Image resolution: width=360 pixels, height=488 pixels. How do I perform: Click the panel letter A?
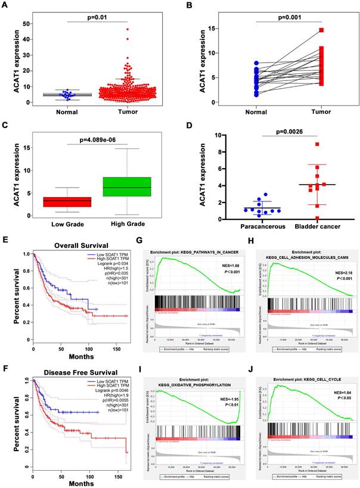pos(7,8)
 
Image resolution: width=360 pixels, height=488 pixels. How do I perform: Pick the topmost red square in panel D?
pos(302,144)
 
